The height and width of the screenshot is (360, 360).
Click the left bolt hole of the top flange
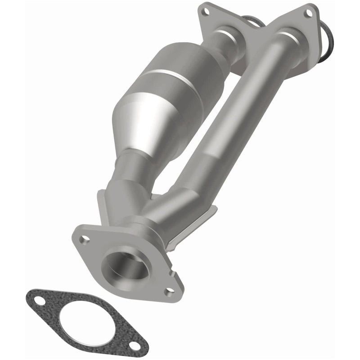(x=206, y=8)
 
